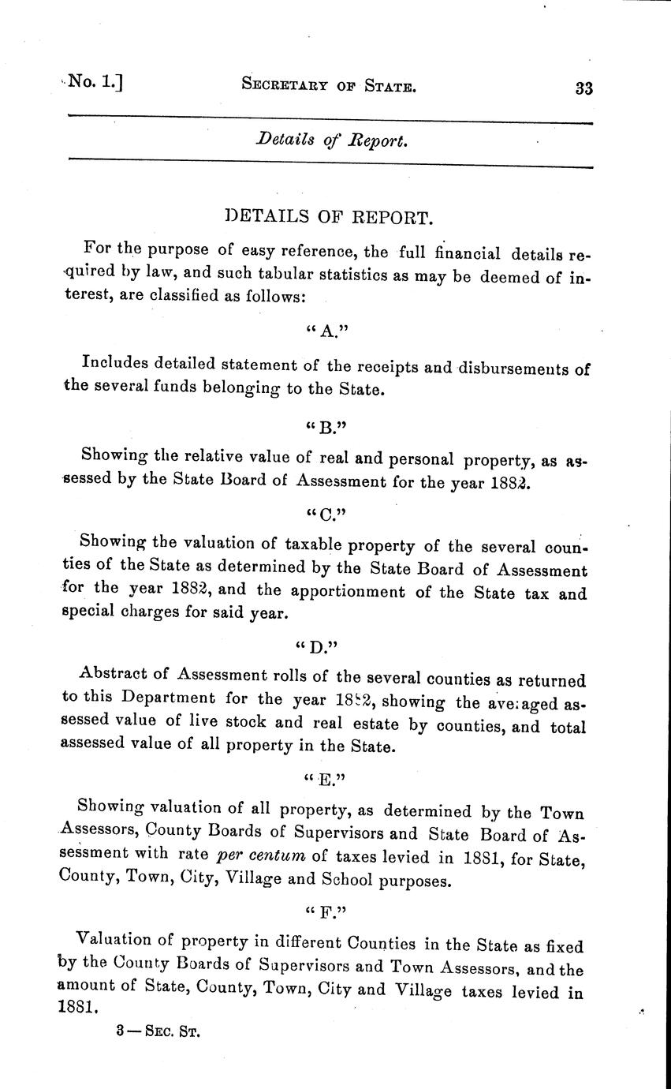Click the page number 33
[x=583, y=88]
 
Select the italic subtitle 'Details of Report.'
[x=332, y=141]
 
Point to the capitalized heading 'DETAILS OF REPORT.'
[x=329, y=217]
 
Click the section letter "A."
[x=326, y=331]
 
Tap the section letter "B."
[x=326, y=426]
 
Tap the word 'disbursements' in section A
[x=507, y=368]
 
